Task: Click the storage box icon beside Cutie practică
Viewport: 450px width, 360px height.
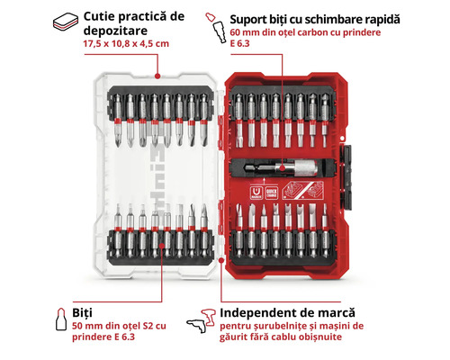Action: coord(66,22)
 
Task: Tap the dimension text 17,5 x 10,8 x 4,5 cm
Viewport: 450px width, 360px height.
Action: coord(126,44)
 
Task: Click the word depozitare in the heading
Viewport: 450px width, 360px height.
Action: coord(115,31)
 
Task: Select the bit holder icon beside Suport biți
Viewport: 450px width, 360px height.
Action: coord(216,28)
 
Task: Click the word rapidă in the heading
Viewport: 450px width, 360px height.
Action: coord(382,20)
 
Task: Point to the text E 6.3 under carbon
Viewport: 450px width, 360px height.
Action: coord(239,43)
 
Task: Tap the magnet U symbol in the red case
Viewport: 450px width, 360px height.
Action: coord(256,193)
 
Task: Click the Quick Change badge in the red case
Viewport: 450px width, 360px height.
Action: coord(272,193)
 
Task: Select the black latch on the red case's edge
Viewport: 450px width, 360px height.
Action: coord(346,177)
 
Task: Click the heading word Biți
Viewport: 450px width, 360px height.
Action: coord(82,313)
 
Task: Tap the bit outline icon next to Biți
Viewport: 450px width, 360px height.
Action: coord(61,319)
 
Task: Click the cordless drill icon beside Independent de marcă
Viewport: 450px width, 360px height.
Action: coord(202,321)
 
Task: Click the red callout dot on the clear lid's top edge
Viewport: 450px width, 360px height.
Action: coord(157,76)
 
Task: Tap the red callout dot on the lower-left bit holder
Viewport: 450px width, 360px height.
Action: coord(162,246)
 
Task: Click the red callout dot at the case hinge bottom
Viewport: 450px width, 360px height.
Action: coord(221,260)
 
